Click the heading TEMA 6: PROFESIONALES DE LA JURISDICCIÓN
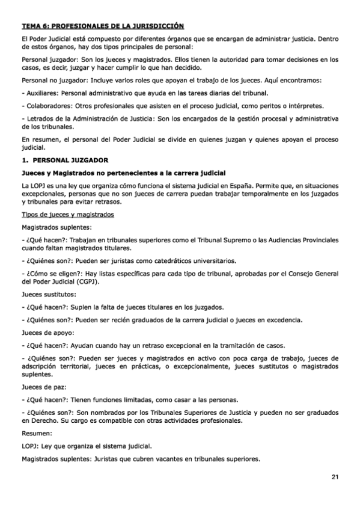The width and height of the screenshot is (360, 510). point(103,26)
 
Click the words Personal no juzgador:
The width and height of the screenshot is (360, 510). point(50,80)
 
